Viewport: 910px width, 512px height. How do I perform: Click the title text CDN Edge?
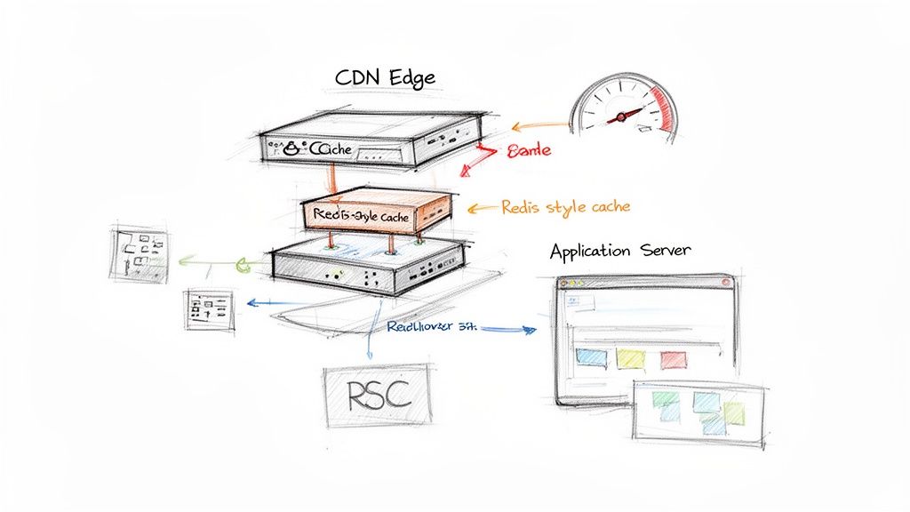(385, 77)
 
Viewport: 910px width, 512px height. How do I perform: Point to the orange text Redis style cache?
(566, 207)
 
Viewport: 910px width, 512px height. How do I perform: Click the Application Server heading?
(619, 251)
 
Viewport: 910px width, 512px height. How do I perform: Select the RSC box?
(377, 394)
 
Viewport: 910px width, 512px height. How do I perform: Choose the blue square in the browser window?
(591, 358)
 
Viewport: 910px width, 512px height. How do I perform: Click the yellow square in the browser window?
(630, 358)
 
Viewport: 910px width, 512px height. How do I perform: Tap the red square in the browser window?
(673, 358)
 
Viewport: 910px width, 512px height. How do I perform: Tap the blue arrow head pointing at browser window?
(531, 330)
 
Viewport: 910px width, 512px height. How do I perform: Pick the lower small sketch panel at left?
(209, 309)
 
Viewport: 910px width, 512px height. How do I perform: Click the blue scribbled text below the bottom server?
(431, 326)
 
